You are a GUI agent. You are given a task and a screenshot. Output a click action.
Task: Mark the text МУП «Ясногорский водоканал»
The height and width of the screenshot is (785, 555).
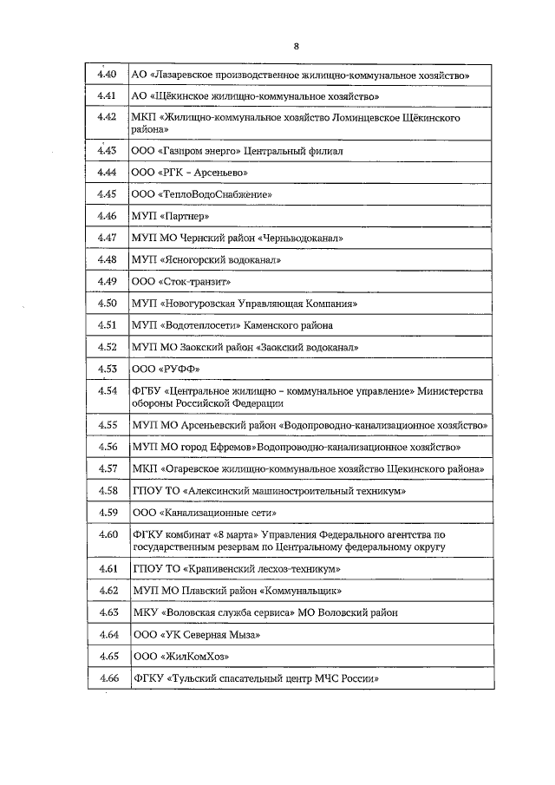[x=206, y=260]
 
